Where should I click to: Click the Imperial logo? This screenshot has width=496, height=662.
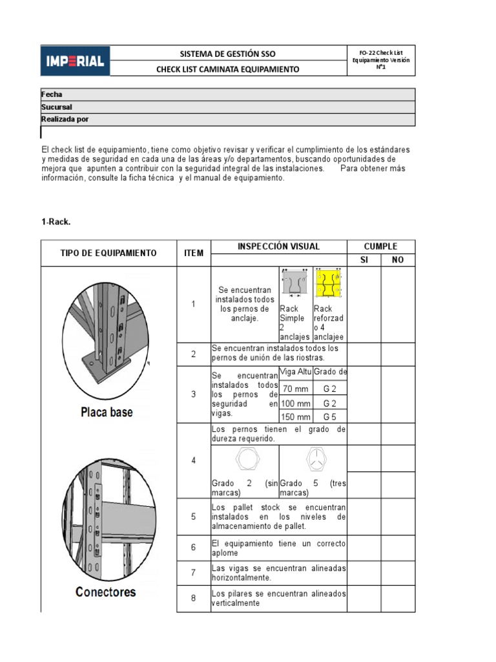[x=76, y=61]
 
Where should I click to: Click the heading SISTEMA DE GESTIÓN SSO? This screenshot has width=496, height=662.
[x=228, y=54]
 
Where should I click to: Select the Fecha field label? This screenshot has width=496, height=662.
[x=52, y=94]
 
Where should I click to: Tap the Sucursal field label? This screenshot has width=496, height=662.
[x=57, y=107]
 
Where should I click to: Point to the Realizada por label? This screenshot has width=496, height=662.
[x=65, y=119]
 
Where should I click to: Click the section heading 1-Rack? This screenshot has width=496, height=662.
[x=56, y=222]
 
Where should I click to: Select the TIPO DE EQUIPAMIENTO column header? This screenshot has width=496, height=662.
[x=108, y=253]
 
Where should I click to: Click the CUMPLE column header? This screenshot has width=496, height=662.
[x=380, y=246]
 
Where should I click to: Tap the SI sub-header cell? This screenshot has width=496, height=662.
[x=364, y=260]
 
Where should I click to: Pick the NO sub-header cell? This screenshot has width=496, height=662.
[x=397, y=260]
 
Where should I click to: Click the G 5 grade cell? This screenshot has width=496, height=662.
[x=330, y=417]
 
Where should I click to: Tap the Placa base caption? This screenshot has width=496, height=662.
[x=107, y=412]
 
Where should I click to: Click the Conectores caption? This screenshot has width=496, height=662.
[x=106, y=592]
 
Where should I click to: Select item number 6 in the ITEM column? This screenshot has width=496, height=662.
[x=193, y=548]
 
